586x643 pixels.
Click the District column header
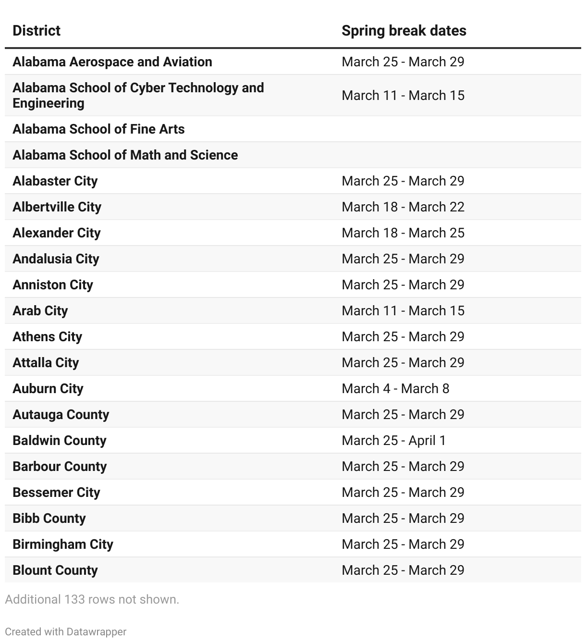(37, 31)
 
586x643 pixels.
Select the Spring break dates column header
(403, 31)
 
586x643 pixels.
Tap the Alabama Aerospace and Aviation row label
(112, 62)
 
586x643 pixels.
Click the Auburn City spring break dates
(395, 389)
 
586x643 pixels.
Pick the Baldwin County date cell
(393, 441)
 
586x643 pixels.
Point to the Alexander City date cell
(403, 233)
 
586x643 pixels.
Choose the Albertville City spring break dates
(403, 207)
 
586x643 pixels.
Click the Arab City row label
(40, 311)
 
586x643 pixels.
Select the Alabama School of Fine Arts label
(98, 129)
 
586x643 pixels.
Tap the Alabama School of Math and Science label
(125, 155)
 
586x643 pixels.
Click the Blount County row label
(55, 570)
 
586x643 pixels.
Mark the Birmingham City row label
(63, 544)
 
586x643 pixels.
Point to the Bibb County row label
(49, 519)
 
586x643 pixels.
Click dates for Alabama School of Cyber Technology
(403, 96)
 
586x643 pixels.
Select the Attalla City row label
(46, 363)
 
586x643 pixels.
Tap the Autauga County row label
(61, 415)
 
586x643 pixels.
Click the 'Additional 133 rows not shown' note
(92, 600)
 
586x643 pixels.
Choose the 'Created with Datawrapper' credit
(65, 631)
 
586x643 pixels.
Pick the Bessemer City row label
(56, 493)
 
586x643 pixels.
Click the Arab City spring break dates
(403, 311)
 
